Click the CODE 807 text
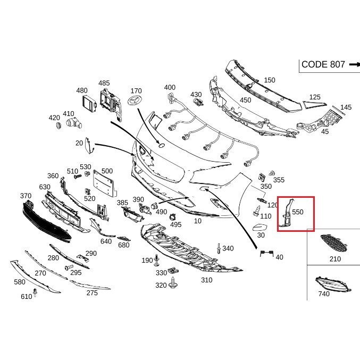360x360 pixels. point(323,64)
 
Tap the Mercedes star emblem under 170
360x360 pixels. point(136,101)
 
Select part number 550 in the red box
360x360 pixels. point(298,212)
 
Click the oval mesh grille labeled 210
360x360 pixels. point(333,243)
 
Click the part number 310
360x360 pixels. point(207,280)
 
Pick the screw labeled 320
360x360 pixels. point(172,283)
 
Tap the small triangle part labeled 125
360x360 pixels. point(314,105)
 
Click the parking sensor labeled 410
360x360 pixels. point(74,123)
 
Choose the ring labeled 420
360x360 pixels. point(59,125)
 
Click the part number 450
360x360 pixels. point(246,100)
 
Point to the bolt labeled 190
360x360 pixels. point(157,260)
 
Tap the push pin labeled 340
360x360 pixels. point(219,248)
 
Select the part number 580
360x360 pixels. point(20,282)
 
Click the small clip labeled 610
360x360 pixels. point(35,292)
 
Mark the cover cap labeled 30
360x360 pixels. point(260,228)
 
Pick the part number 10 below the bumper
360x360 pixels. point(198,221)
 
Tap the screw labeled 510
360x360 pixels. point(78,177)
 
